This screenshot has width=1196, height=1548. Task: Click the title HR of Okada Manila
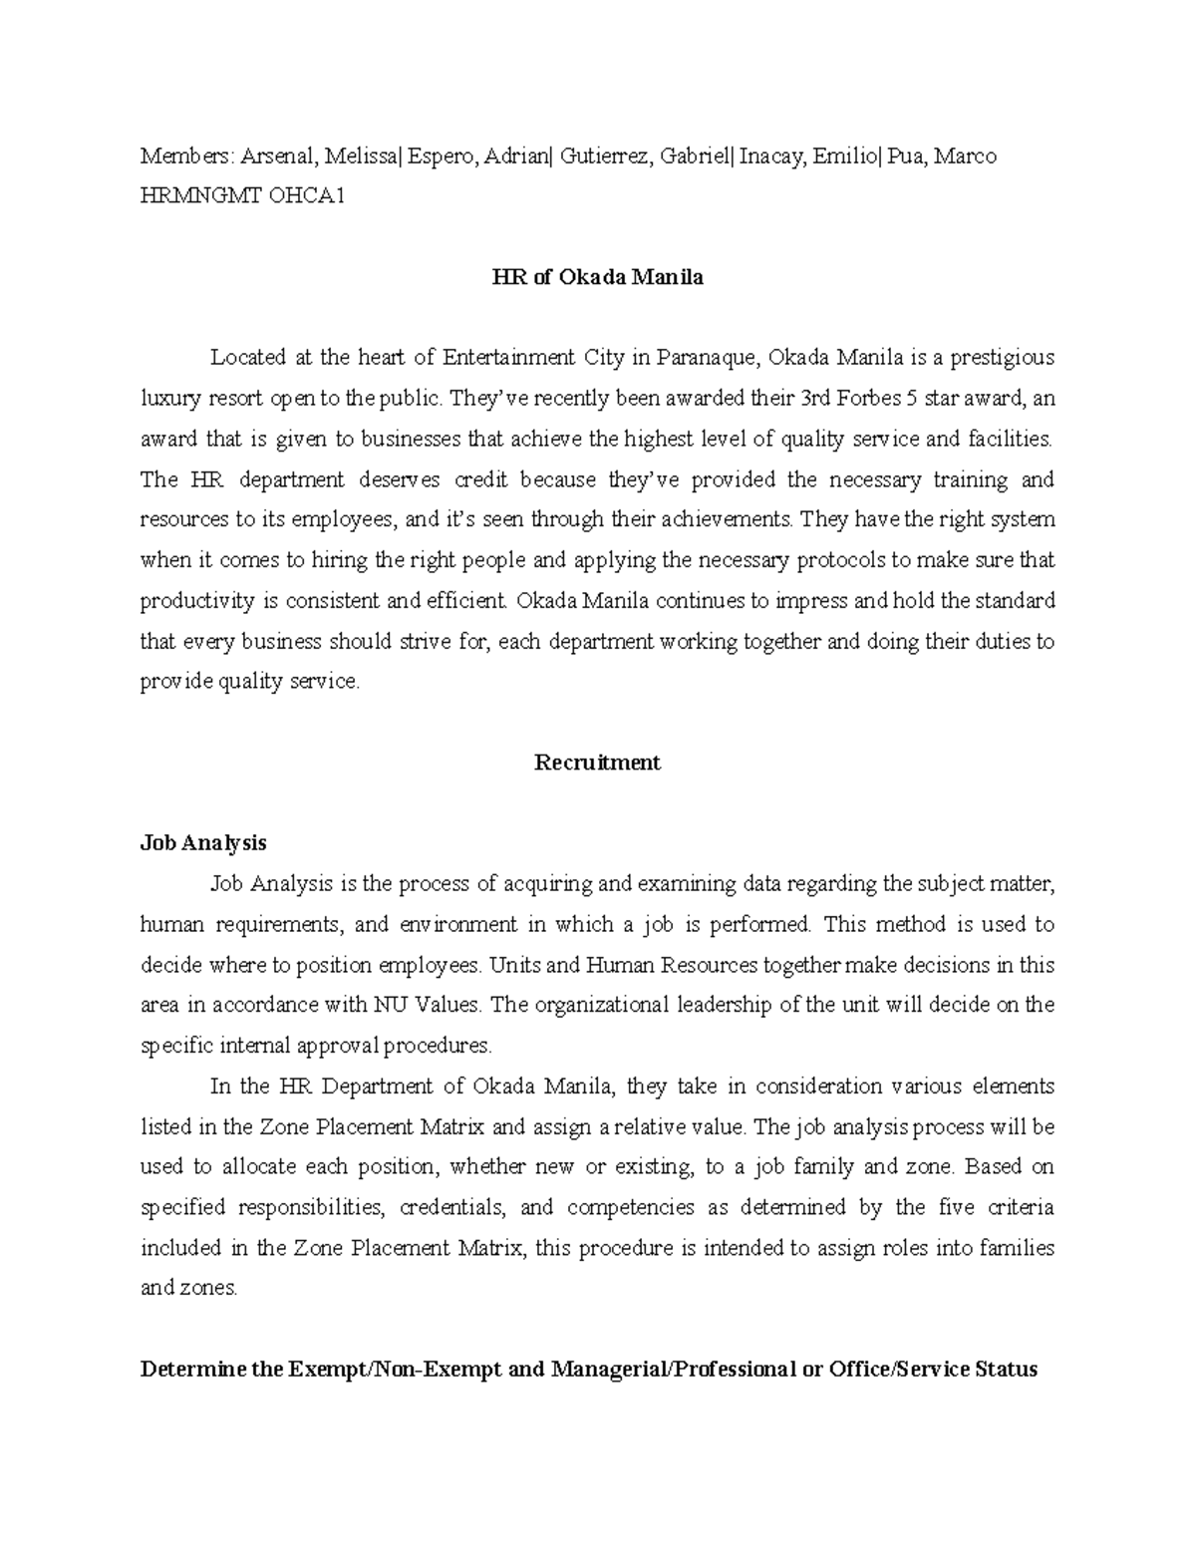click(x=597, y=277)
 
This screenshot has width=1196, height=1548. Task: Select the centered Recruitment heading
click(x=597, y=763)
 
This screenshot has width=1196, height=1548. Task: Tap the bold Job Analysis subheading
click(x=203, y=843)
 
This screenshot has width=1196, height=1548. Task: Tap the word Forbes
click(x=862, y=399)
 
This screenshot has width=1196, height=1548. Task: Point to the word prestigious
click(x=1002, y=358)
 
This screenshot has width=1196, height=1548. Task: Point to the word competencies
click(x=630, y=1208)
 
